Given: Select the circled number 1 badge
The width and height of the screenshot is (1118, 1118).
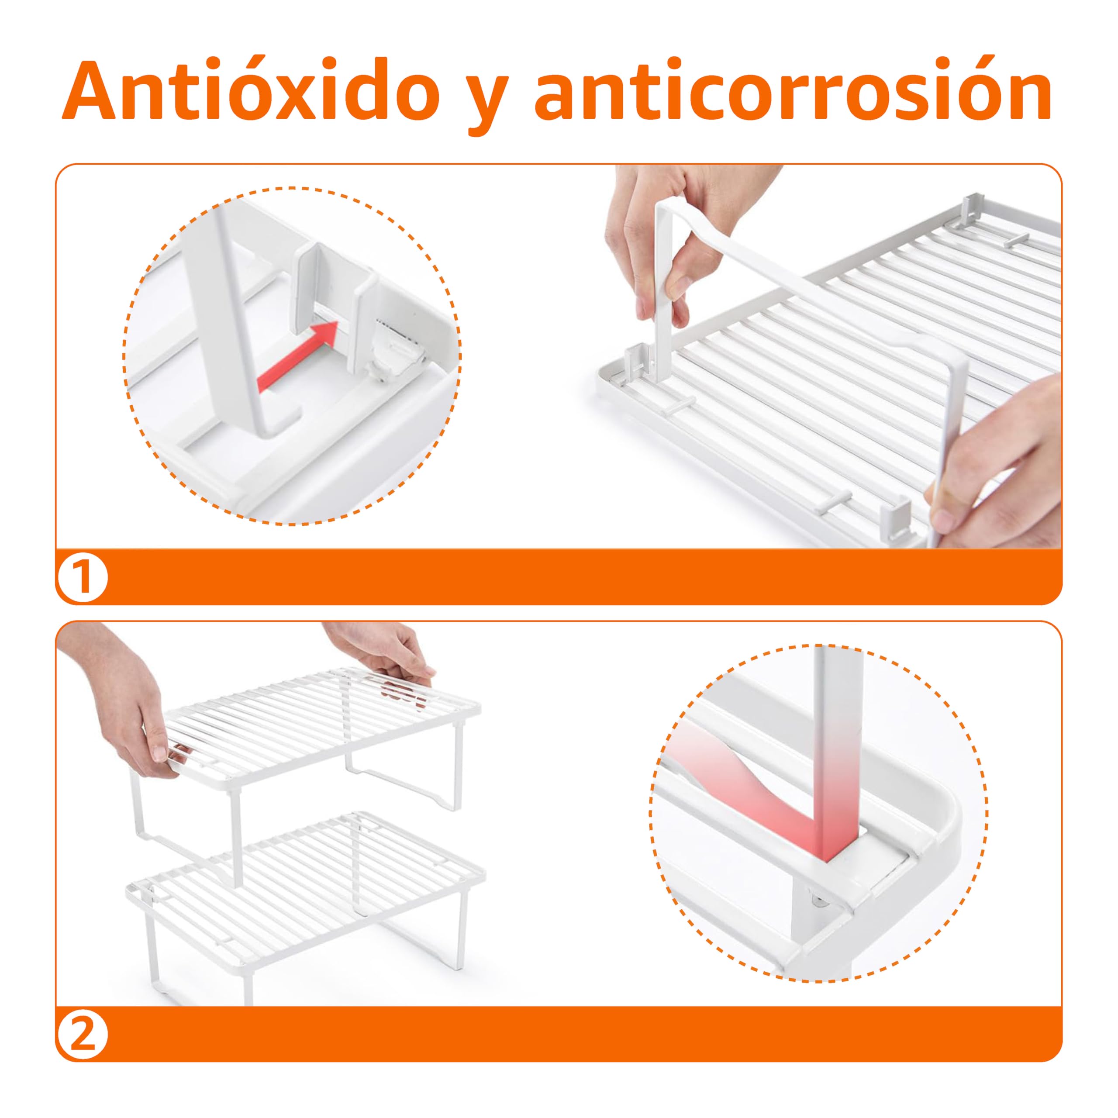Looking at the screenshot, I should click(x=83, y=577).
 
